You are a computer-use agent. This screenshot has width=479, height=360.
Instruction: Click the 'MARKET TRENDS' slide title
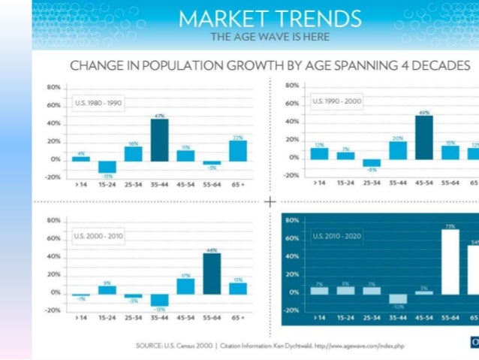270,18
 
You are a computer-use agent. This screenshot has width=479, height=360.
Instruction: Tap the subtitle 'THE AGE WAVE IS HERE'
270,36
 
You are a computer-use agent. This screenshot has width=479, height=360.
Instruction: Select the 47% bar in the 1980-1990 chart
159,140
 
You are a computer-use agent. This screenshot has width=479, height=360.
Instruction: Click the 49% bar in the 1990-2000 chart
423,138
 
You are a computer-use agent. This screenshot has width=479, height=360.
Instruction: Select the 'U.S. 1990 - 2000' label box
336,100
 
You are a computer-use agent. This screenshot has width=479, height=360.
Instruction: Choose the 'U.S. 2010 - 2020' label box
336,235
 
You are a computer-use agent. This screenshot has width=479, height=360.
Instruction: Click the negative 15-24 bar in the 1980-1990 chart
107,166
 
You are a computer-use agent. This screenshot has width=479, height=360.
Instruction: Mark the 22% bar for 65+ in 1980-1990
238,150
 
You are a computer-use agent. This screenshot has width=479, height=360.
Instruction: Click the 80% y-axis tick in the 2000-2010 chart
53,220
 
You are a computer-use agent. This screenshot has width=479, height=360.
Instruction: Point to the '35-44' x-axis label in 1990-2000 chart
397,182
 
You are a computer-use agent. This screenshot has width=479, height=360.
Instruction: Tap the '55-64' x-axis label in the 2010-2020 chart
450,318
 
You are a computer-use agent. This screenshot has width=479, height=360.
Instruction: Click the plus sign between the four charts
270,201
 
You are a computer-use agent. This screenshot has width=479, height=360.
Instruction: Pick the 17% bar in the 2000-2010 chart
185,286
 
